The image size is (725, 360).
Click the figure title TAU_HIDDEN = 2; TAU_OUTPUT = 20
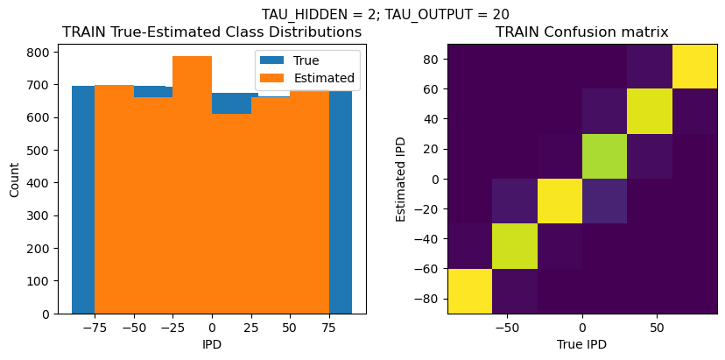point(385,14)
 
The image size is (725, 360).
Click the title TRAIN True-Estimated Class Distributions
point(212,32)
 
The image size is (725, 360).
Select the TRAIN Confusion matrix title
point(581,32)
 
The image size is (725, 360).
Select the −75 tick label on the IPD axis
point(90,327)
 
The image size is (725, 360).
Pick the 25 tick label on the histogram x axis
point(250,327)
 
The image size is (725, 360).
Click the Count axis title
point(15,178)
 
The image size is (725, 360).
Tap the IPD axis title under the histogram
point(212,344)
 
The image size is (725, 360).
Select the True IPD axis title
point(581,344)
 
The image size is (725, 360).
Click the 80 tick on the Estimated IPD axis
point(429,59)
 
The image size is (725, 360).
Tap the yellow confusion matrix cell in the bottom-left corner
point(469,291)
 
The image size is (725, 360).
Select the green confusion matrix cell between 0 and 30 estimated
point(604,156)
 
